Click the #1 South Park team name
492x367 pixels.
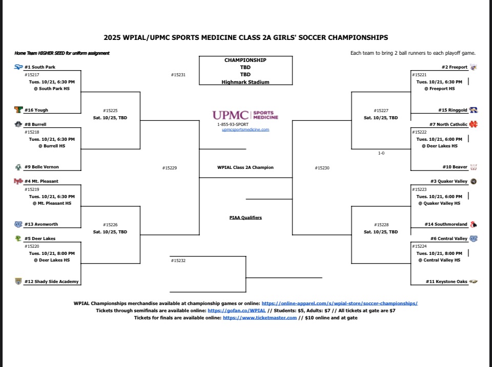pos(40,67)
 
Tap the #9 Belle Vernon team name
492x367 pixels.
pos(42,167)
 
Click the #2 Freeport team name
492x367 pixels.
pos(454,67)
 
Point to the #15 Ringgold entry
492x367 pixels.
pos(453,110)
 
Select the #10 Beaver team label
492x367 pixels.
pos(454,167)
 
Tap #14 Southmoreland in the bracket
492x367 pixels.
pos(446,224)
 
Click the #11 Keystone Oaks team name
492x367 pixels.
pos(446,282)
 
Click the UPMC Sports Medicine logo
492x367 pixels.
pos(245,115)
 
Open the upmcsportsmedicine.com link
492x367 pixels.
pos(245,129)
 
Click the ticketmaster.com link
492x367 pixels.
pos(260,318)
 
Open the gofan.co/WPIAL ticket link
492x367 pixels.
pos(237,311)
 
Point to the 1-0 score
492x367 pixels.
pos(381,153)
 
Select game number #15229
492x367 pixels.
pos(170,167)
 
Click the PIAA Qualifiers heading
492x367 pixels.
pos(245,218)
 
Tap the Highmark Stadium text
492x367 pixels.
pos(245,82)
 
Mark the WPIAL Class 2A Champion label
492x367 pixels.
pos(245,167)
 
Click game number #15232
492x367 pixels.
pos(178,261)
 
